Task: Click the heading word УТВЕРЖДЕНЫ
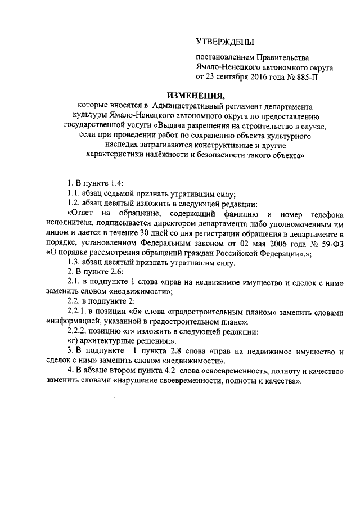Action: pyautogui.click(x=224, y=42)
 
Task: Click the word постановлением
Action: pyautogui.click(x=224, y=58)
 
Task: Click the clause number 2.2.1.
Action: pyautogui.click(x=76, y=311)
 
